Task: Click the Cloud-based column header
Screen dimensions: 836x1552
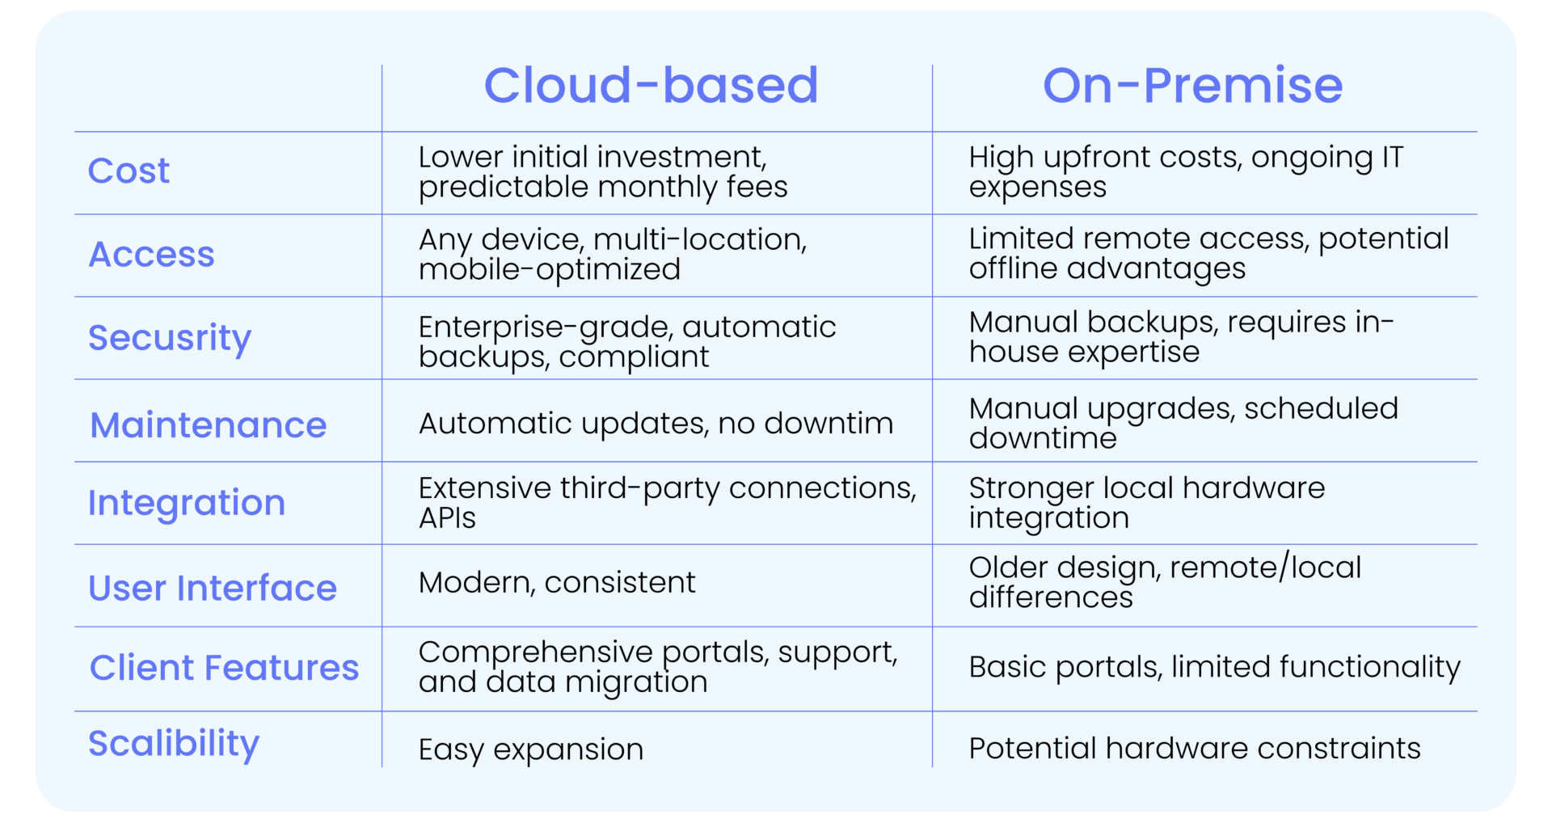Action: (x=651, y=86)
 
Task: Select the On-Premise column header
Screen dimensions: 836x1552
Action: (x=1192, y=86)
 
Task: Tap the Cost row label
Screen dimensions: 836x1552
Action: (x=129, y=171)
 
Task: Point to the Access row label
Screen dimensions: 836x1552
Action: (x=151, y=255)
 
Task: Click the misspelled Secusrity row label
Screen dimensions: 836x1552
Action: (x=170, y=338)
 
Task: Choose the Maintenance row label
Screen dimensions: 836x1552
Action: (x=208, y=425)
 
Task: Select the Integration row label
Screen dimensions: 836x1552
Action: (x=187, y=503)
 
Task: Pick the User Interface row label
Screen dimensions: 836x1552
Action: (x=212, y=588)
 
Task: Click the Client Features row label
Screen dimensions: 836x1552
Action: (x=224, y=668)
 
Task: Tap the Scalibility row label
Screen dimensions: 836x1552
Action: (x=174, y=743)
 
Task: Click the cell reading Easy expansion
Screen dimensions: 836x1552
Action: (x=530, y=749)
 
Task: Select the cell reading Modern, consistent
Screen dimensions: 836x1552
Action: (x=557, y=583)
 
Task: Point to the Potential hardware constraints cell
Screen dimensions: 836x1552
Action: (x=1194, y=749)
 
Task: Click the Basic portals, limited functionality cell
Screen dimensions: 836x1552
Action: (x=1214, y=667)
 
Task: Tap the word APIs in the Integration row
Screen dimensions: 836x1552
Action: (x=447, y=518)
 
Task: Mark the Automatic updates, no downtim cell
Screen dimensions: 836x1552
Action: (x=656, y=424)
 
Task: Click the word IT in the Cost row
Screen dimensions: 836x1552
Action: (x=1392, y=158)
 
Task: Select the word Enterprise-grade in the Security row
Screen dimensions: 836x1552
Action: (x=544, y=327)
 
